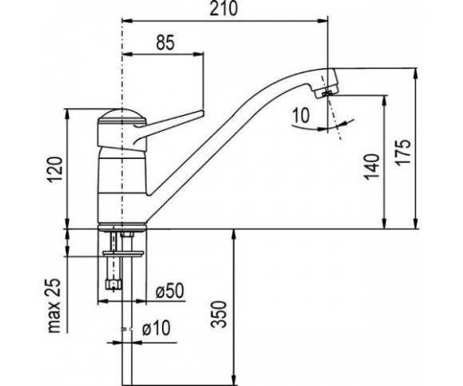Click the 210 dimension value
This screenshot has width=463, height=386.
[x=224, y=8]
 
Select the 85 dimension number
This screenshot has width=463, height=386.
[x=165, y=42]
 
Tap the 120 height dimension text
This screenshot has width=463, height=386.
[x=55, y=169]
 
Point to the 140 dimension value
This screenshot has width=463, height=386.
[x=371, y=167]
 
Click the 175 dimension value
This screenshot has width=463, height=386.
[x=403, y=153]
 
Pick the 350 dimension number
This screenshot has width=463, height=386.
[x=220, y=314]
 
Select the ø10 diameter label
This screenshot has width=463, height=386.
[x=156, y=328]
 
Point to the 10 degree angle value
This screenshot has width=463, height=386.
[x=302, y=114]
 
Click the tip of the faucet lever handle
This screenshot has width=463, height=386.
[x=203, y=113]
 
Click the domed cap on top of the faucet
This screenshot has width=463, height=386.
[x=121, y=115]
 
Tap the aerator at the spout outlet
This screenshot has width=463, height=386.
[x=326, y=94]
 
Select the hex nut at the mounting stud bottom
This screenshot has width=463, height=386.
[x=113, y=285]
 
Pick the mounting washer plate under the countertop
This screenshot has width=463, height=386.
[x=123, y=253]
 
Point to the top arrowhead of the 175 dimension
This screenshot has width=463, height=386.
[x=416, y=74]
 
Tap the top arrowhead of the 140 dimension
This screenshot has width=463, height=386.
[x=385, y=101]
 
